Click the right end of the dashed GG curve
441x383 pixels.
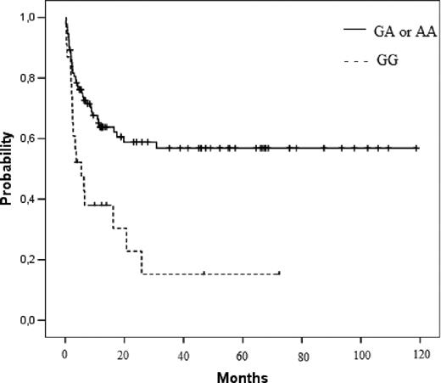point(278,273)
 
